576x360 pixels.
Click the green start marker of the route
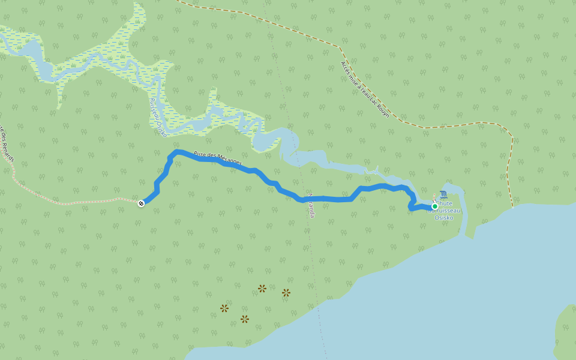tap(435, 206)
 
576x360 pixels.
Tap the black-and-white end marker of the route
tap(141, 203)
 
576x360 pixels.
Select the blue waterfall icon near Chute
tap(443, 194)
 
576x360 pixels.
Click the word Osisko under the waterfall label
tap(444, 218)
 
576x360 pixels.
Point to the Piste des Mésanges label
tap(218, 158)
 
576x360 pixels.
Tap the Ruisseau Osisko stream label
tap(158, 117)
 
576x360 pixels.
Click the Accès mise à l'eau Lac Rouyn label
tap(365, 89)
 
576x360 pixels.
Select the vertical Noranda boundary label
tap(311, 205)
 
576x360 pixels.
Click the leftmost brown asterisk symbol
tap(224, 308)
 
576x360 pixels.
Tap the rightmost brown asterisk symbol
tap(286, 293)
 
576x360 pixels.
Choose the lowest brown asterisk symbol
tap(245, 319)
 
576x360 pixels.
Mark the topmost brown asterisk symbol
tap(262, 289)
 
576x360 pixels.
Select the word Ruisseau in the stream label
tap(154, 107)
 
